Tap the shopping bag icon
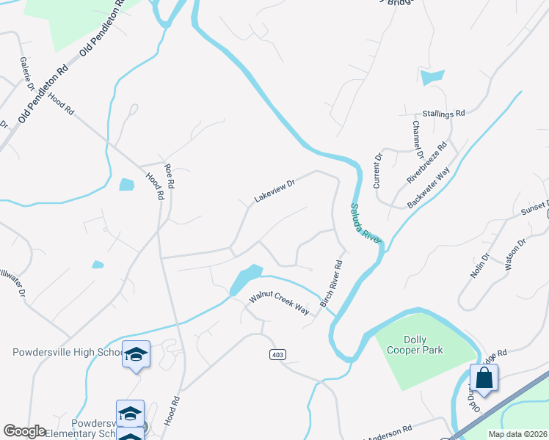(484, 378)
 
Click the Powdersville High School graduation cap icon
(136, 354)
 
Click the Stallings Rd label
(443, 114)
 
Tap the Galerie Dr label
(27, 74)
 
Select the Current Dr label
(378, 170)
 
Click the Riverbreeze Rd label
(427, 163)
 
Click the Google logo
(24, 431)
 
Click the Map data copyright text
(517, 434)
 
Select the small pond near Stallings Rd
(433, 76)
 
